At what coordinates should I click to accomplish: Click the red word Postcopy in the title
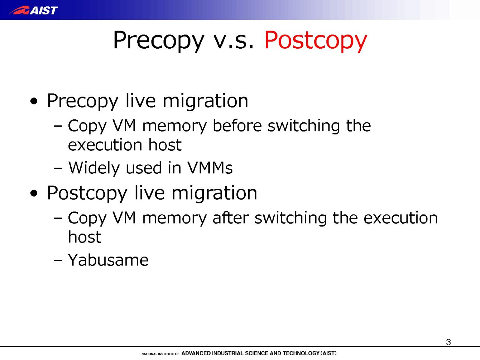coord(316,41)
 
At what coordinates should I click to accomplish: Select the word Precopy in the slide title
coord(158,41)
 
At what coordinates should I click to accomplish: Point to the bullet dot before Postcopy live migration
coord(34,193)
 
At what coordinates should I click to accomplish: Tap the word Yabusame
coord(108,260)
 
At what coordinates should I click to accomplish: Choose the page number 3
coord(448,342)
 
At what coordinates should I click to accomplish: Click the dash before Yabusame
coord(58,260)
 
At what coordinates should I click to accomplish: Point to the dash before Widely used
coord(58,169)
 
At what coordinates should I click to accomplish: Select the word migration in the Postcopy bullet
coord(214,193)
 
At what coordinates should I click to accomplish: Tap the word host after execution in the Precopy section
coord(165,145)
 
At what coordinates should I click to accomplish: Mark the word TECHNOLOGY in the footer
coord(301,353)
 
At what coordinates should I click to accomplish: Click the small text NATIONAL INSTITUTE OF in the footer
coord(160,354)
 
